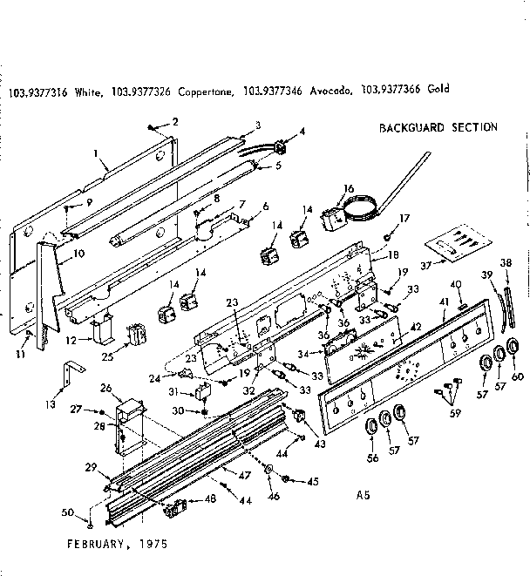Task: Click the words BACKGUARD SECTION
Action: click(438, 127)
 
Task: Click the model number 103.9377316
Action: click(38, 89)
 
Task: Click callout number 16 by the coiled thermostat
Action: click(348, 188)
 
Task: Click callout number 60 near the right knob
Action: click(518, 376)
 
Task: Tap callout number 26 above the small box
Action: click(106, 388)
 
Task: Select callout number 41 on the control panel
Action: click(445, 302)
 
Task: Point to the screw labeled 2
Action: click(152, 125)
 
